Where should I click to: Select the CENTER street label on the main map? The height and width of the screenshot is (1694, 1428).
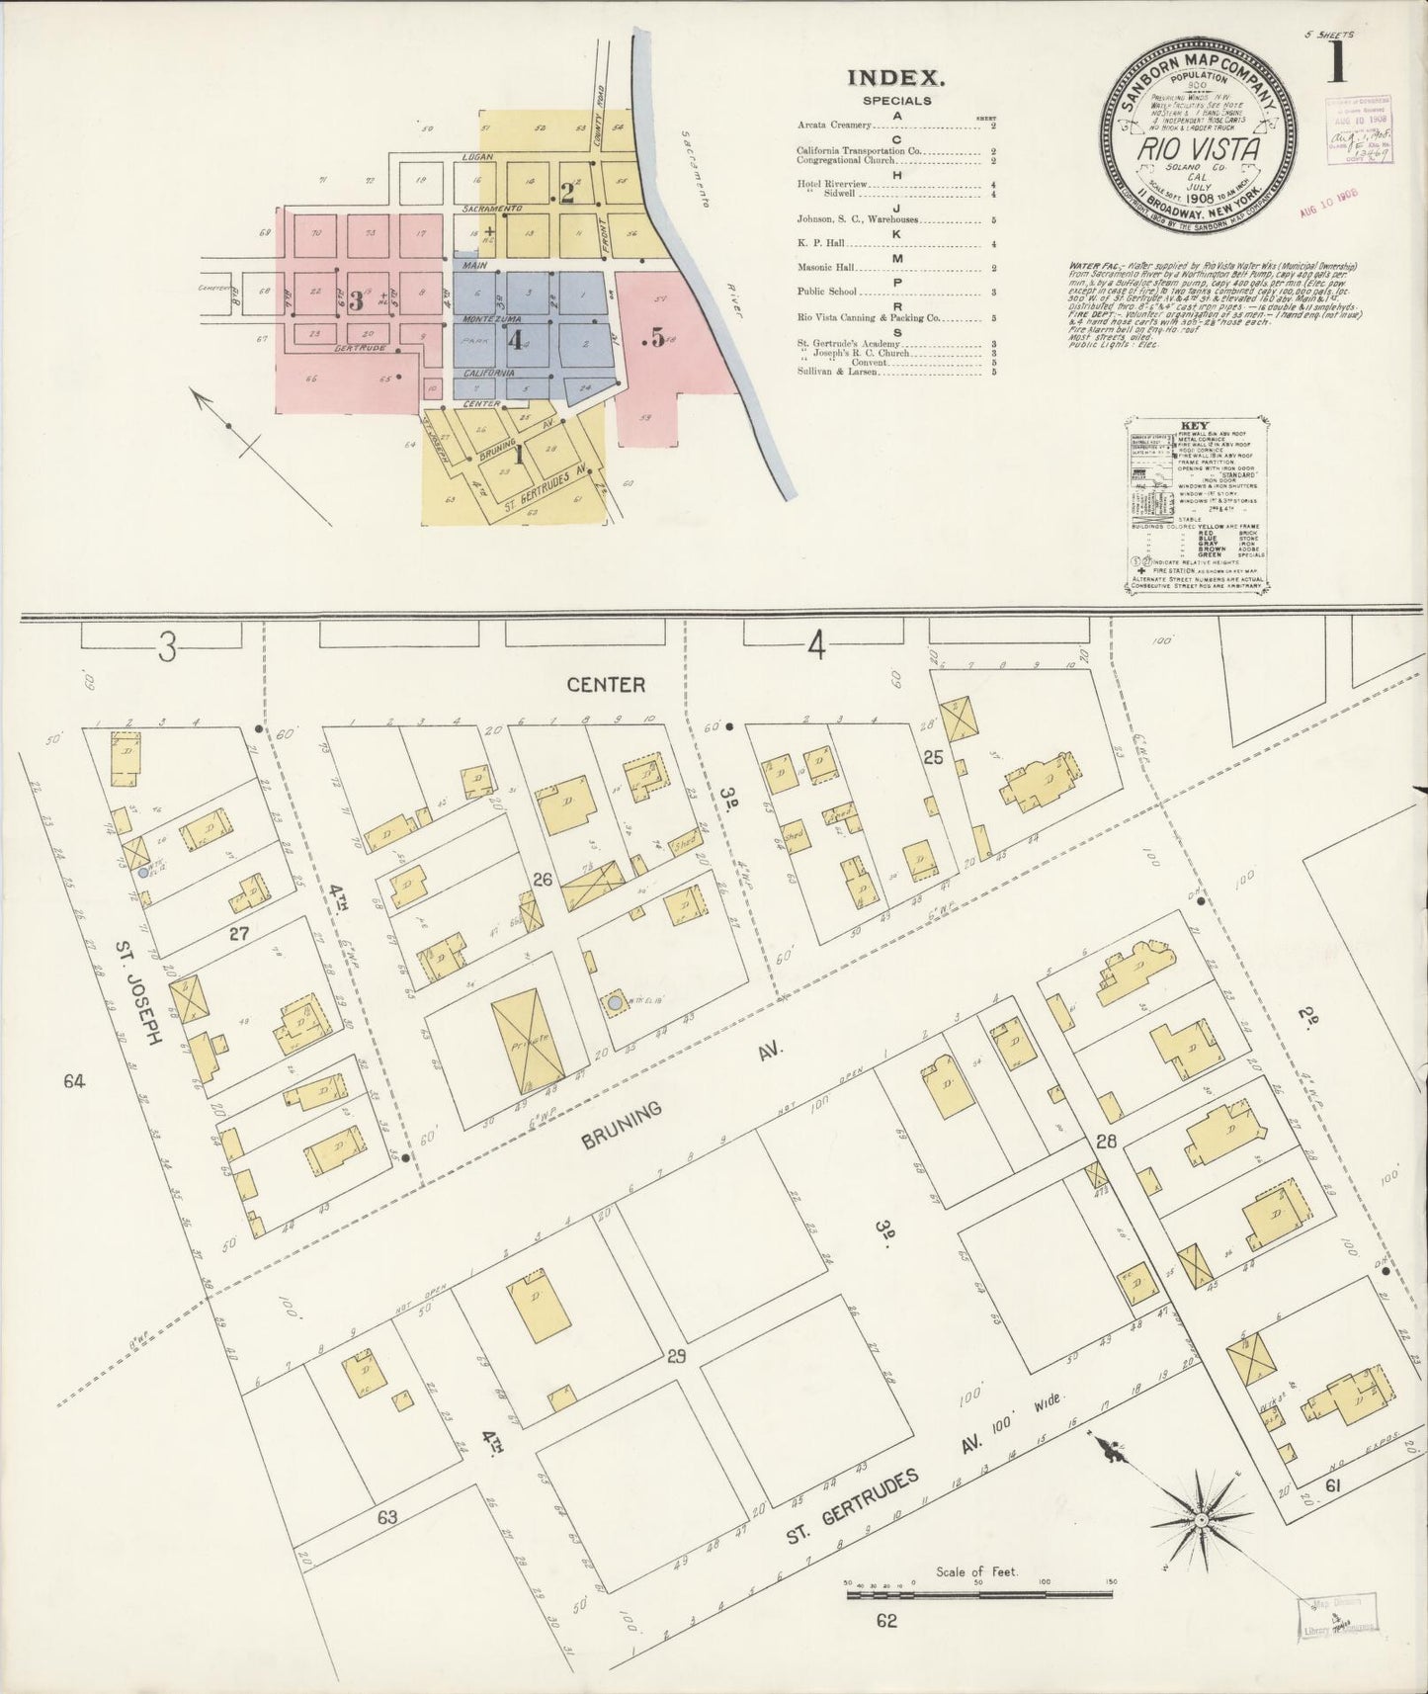(x=606, y=684)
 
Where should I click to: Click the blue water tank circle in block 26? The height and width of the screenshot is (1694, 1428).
(x=615, y=1003)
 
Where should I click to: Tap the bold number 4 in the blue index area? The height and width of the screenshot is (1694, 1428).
(x=514, y=340)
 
